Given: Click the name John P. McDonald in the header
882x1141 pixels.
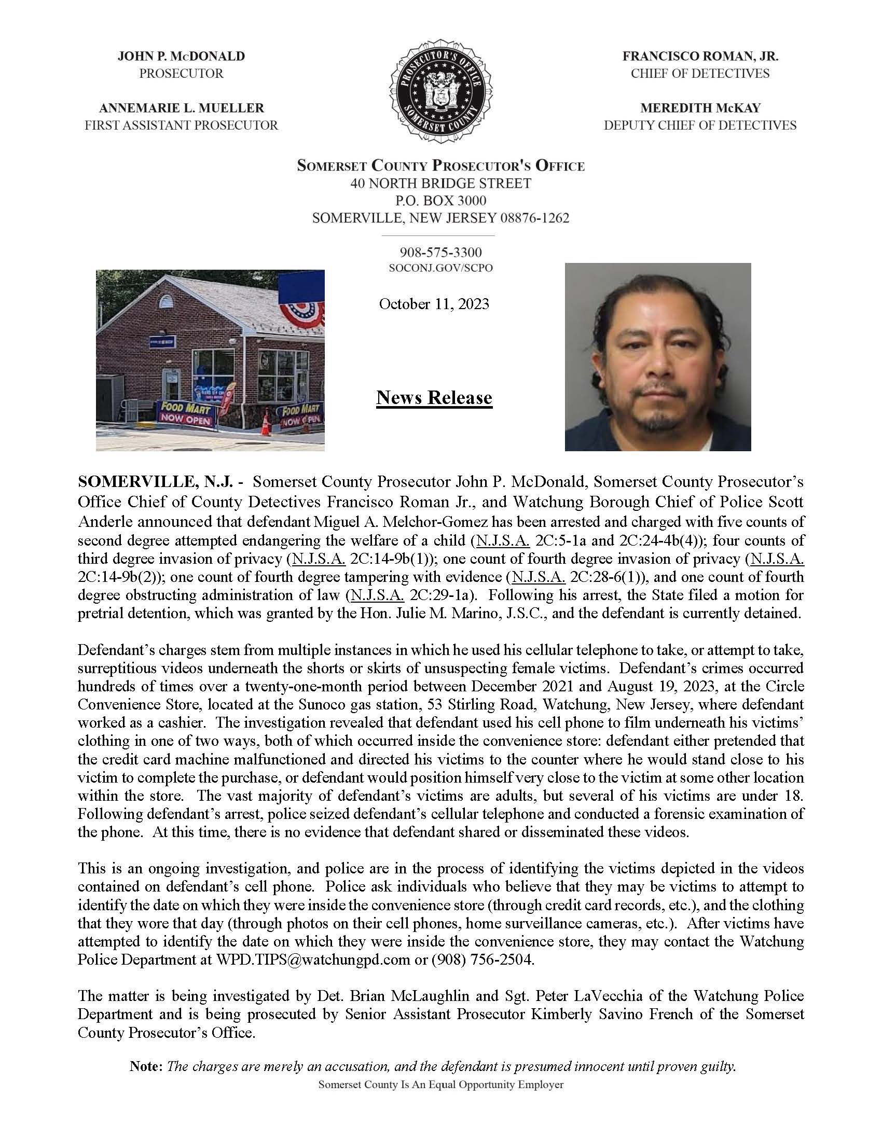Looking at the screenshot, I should [181, 56].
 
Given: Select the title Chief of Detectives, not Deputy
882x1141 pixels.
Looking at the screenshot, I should [700, 74].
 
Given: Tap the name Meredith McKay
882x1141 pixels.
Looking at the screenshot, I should [700, 108].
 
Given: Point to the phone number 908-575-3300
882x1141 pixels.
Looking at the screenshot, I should [440, 253].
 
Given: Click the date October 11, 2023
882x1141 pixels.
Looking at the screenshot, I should [434, 304].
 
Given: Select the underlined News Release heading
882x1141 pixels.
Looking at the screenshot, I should [434, 398].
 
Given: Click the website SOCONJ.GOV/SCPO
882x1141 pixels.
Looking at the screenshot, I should [440, 269].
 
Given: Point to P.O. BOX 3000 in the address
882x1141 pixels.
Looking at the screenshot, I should [440, 201].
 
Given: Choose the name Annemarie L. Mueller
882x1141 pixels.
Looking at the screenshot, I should [181, 108].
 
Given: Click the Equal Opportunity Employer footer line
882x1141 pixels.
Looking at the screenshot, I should [440, 1084].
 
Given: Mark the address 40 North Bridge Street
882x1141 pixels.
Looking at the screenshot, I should [440, 184].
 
